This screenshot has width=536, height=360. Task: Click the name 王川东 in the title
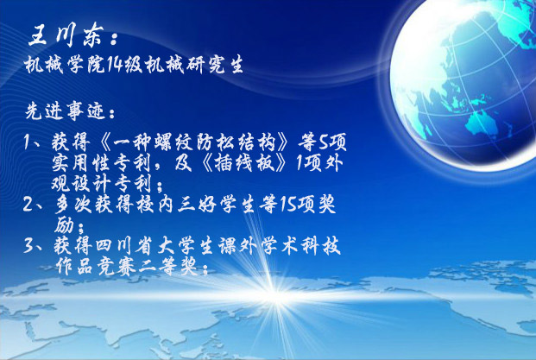coord(65,35)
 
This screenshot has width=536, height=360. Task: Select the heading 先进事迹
coord(65,111)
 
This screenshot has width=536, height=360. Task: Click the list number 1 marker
coord(28,142)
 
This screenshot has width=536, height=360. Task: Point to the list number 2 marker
coord(28,204)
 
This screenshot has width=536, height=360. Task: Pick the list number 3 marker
coord(28,245)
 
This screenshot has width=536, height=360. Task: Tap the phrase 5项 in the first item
coord(332,142)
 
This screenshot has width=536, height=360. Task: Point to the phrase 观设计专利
coord(101,184)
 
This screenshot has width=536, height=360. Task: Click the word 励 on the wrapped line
coord(65,224)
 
